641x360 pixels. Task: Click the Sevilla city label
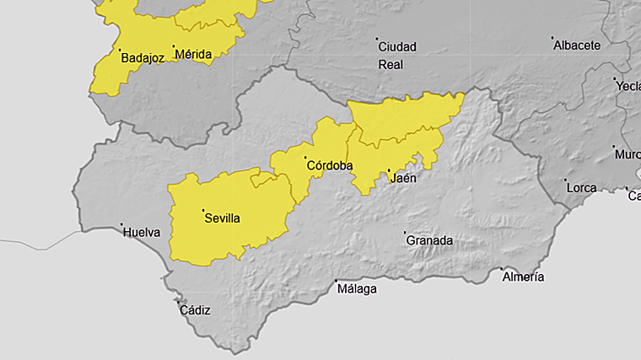pos(222,218)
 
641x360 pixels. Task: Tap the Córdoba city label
pos(329,165)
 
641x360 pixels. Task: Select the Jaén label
pos(403,179)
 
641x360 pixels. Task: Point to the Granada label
pos(429,240)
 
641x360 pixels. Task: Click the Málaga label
pos(357,289)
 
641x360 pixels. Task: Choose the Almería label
pos(523,277)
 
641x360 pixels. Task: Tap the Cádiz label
pos(195,310)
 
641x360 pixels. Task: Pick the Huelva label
pos(141,232)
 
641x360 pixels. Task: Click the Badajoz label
pos(142,58)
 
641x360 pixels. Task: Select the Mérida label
pos(193,55)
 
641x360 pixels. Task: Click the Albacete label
pos(577,46)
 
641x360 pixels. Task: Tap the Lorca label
pos(582,187)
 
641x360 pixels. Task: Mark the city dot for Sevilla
pos(203,210)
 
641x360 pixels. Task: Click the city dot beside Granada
pos(405,233)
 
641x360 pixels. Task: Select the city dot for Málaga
pos(337,281)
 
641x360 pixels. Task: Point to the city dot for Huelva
pos(121,224)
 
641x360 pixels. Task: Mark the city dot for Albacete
pos(552,38)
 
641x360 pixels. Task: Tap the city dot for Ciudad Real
pos(377,39)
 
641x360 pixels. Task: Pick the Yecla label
pos(628,86)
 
